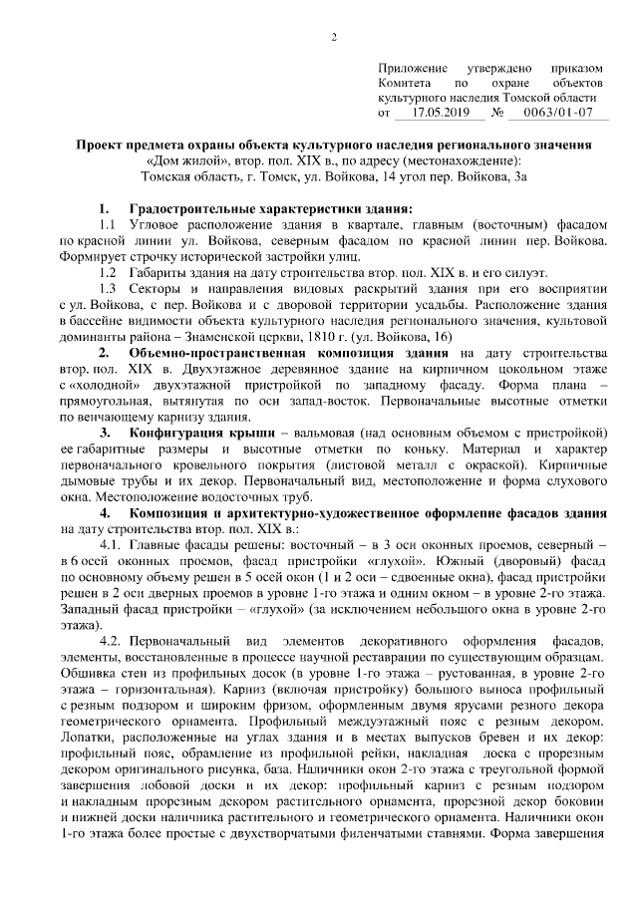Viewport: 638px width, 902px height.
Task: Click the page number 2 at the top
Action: [x=334, y=38]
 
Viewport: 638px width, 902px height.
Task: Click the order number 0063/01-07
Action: [x=553, y=114]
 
